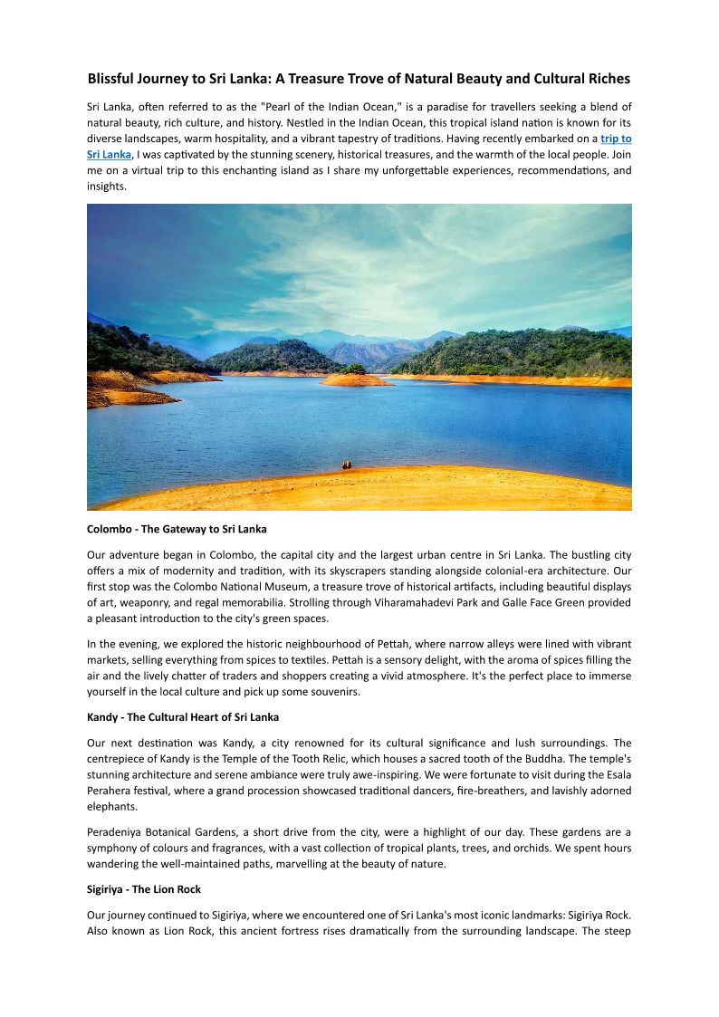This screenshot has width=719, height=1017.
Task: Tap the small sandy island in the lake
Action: click(356, 379)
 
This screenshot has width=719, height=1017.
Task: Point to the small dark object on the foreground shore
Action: click(346, 465)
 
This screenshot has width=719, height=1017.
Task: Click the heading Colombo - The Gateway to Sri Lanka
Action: click(177, 528)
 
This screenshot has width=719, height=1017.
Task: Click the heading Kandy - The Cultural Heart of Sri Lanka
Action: click(182, 717)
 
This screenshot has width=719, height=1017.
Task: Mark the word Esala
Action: click(618, 774)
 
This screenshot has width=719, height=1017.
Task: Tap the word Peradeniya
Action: click(116, 831)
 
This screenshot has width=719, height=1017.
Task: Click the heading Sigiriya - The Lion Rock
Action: click(144, 889)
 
